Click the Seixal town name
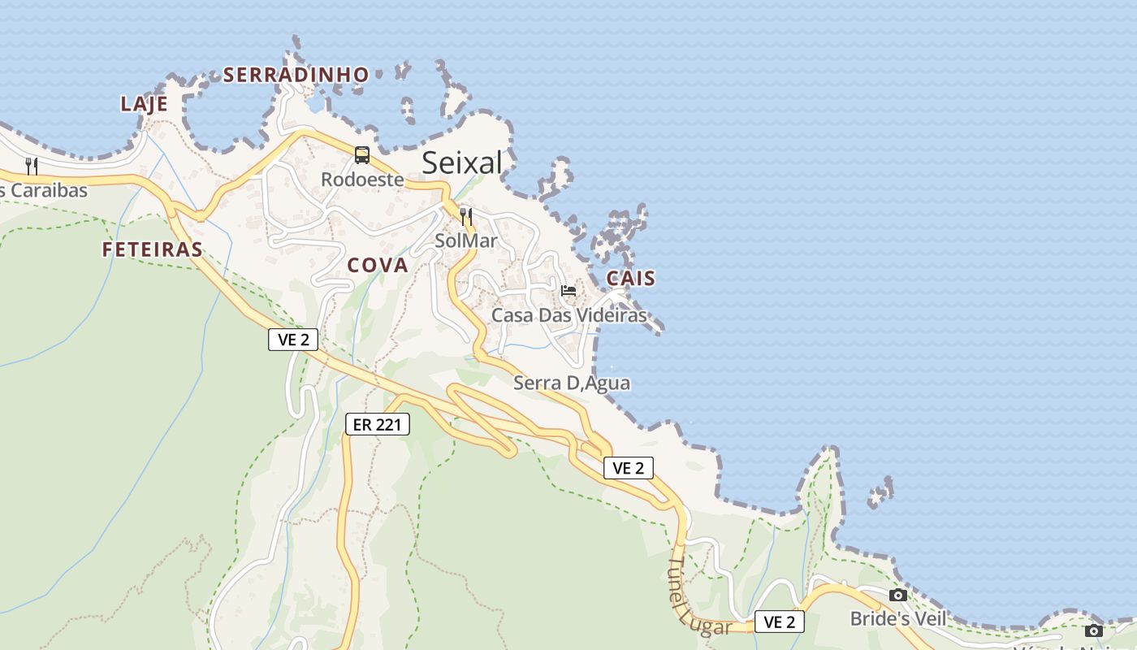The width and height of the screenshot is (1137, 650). pos(462,163)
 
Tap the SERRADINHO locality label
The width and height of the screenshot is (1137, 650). pos(296,75)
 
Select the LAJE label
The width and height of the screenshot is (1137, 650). pos(144,104)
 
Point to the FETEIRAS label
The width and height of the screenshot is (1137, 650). pos(152,249)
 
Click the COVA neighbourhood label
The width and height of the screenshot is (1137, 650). pos(378,265)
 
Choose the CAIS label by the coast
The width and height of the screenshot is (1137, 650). pos(631,278)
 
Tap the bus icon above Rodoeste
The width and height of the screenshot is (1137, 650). pos(362,154)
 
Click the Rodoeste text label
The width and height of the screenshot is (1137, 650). pos(362,180)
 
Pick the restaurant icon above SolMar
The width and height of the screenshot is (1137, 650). pos(466,216)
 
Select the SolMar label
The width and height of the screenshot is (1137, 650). pos(465,240)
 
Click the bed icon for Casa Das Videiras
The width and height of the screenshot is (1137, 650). pos(568,290)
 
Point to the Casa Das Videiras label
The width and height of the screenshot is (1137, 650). pos(569,315)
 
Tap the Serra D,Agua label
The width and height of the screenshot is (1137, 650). pos(572,383)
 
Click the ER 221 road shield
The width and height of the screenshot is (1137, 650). pos(377,423)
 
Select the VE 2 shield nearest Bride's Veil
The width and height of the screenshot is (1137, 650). pos(780,622)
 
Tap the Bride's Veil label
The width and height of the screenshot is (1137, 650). pos(897,618)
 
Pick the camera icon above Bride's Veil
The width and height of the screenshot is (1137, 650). pos(898,596)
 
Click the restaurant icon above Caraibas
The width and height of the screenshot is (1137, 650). pos(32,167)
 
